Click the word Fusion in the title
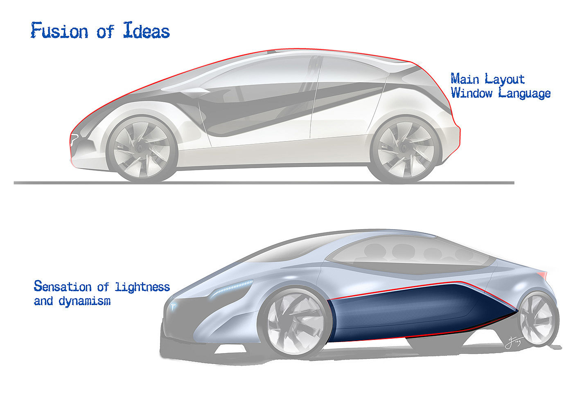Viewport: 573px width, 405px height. pyautogui.click(x=59, y=31)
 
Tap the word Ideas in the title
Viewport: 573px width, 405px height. pyautogui.click(x=146, y=31)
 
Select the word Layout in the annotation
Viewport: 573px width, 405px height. pyautogui.click(x=505, y=79)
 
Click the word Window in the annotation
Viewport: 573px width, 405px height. pyautogui.click(x=471, y=93)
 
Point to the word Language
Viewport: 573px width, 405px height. pyautogui.click(x=524, y=94)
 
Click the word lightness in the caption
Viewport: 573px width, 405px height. pyautogui.click(x=142, y=287)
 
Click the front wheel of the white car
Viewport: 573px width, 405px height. pyautogui.click(x=142, y=148)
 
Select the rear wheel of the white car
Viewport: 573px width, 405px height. pyautogui.click(x=406, y=148)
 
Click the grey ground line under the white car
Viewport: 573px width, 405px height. pyautogui.click(x=262, y=182)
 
